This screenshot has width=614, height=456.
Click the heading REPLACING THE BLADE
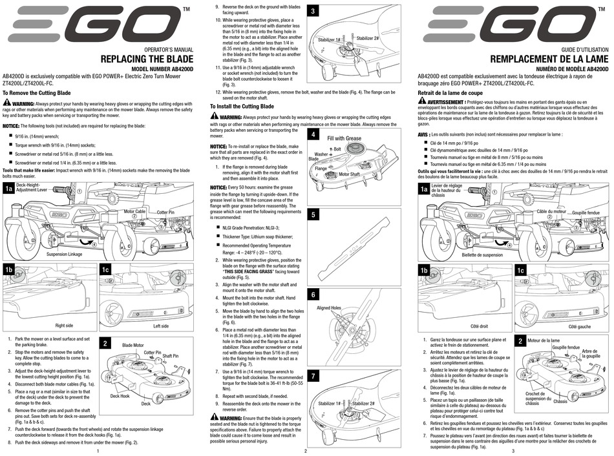(147, 60)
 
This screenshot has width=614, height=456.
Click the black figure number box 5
(313, 214)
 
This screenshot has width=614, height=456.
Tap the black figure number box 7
(313, 375)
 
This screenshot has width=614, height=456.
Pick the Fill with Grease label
(344, 138)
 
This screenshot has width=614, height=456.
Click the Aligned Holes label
(328, 308)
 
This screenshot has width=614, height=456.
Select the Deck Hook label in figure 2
(120, 395)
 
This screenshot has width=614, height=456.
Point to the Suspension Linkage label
(65, 254)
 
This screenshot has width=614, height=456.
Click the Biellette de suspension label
(482, 254)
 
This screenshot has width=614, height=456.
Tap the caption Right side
(64, 326)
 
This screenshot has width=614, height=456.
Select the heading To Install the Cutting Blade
(242, 106)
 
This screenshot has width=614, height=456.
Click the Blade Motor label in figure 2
(132, 346)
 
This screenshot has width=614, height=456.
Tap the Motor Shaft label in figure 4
(349, 174)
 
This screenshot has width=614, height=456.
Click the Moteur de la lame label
(544, 340)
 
